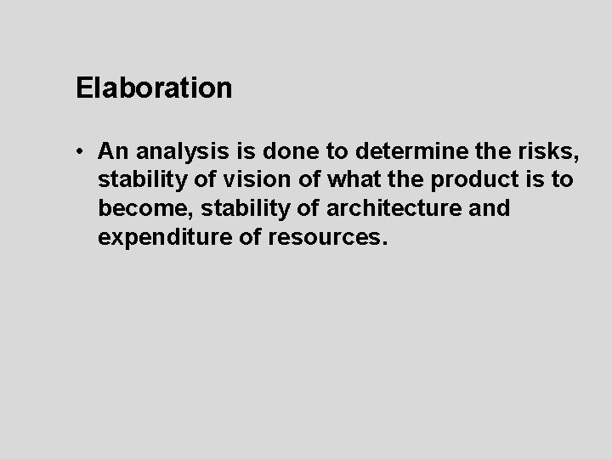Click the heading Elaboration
click(153, 88)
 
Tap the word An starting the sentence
click(113, 151)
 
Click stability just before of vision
click(139, 180)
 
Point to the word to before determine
click(327, 151)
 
